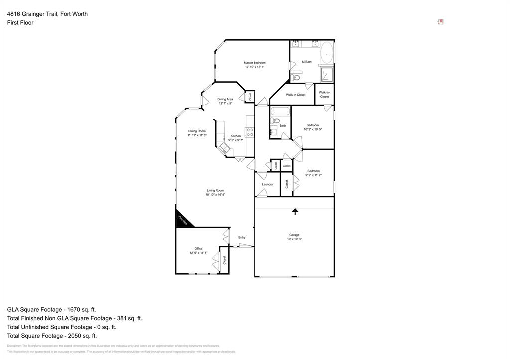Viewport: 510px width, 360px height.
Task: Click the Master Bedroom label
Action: [254, 63]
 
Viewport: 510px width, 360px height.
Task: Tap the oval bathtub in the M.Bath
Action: [327, 52]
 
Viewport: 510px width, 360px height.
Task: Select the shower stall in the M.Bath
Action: [327, 74]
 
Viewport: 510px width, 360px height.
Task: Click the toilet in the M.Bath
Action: [296, 77]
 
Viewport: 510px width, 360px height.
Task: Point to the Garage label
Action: [294, 235]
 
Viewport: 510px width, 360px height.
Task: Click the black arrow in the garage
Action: [295, 211]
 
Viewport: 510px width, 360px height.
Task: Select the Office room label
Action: [198, 249]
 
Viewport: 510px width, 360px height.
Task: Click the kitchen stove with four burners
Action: [250, 132]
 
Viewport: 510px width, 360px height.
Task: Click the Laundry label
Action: [267, 184]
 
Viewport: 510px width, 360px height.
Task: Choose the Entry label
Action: [242, 237]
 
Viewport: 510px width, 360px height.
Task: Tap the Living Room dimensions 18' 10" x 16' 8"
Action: [215, 195]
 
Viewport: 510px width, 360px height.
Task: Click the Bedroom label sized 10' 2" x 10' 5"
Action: [312, 125]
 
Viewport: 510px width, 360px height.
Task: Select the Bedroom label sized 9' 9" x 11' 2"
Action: [313, 171]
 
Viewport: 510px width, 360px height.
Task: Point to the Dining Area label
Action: [225, 99]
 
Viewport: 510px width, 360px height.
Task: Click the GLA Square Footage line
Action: [51, 309]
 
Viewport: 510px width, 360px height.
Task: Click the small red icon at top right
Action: [440, 22]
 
